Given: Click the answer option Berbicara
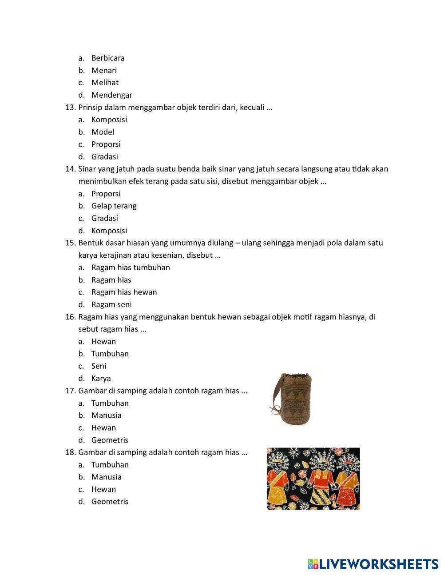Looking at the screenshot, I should [x=107, y=58].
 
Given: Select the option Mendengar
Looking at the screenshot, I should [x=111, y=95].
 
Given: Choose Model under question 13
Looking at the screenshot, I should [x=103, y=132].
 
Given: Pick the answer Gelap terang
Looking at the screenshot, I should [x=114, y=206].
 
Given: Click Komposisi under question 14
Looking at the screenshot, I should [x=109, y=230].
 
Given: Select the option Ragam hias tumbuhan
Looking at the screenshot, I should [x=130, y=268].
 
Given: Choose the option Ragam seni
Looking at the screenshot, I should [x=111, y=304].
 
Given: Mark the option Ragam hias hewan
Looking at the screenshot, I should [x=124, y=292].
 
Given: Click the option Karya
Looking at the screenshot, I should [x=101, y=378].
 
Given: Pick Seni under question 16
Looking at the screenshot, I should [x=99, y=366].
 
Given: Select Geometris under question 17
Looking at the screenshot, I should [x=110, y=440].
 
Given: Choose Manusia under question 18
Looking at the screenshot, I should [x=106, y=477].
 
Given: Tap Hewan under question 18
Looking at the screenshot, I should [x=103, y=489].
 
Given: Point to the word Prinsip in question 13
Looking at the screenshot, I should [x=90, y=107].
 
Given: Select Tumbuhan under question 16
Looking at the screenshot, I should [x=110, y=354].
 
